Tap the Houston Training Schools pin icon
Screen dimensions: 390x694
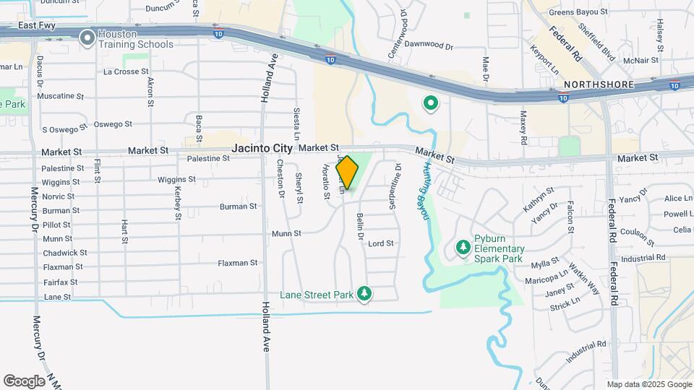87,37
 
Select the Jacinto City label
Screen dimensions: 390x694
262,148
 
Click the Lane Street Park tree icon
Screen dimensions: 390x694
365,294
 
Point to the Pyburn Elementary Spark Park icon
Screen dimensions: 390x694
463,248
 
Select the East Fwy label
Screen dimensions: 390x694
38,25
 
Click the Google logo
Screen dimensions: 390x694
24,381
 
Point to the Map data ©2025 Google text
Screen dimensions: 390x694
648,384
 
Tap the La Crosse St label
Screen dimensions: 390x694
126,72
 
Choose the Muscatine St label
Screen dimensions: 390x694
60,96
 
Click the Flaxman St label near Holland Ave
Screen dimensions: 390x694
238,263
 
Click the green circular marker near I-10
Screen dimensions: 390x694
431,104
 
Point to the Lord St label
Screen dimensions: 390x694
380,243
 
